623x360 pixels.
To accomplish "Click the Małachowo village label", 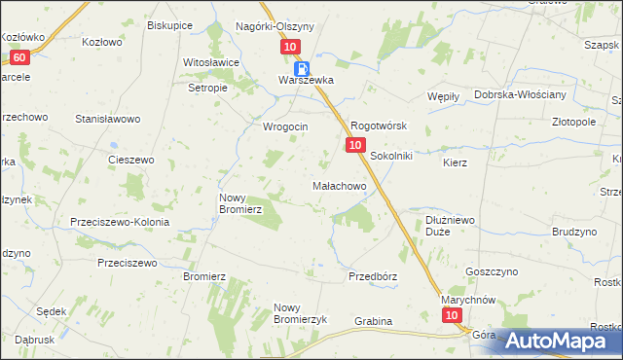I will [339, 185].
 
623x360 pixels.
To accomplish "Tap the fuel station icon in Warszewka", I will [303, 69].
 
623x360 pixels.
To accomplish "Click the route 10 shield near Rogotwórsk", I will [354, 145].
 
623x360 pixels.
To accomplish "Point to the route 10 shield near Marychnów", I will [451, 316].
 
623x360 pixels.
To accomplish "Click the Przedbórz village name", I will [373, 276].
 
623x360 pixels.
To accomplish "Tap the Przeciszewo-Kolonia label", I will [120, 222].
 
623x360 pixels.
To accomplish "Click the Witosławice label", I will [211, 62].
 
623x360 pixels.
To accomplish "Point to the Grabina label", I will [373, 321].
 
